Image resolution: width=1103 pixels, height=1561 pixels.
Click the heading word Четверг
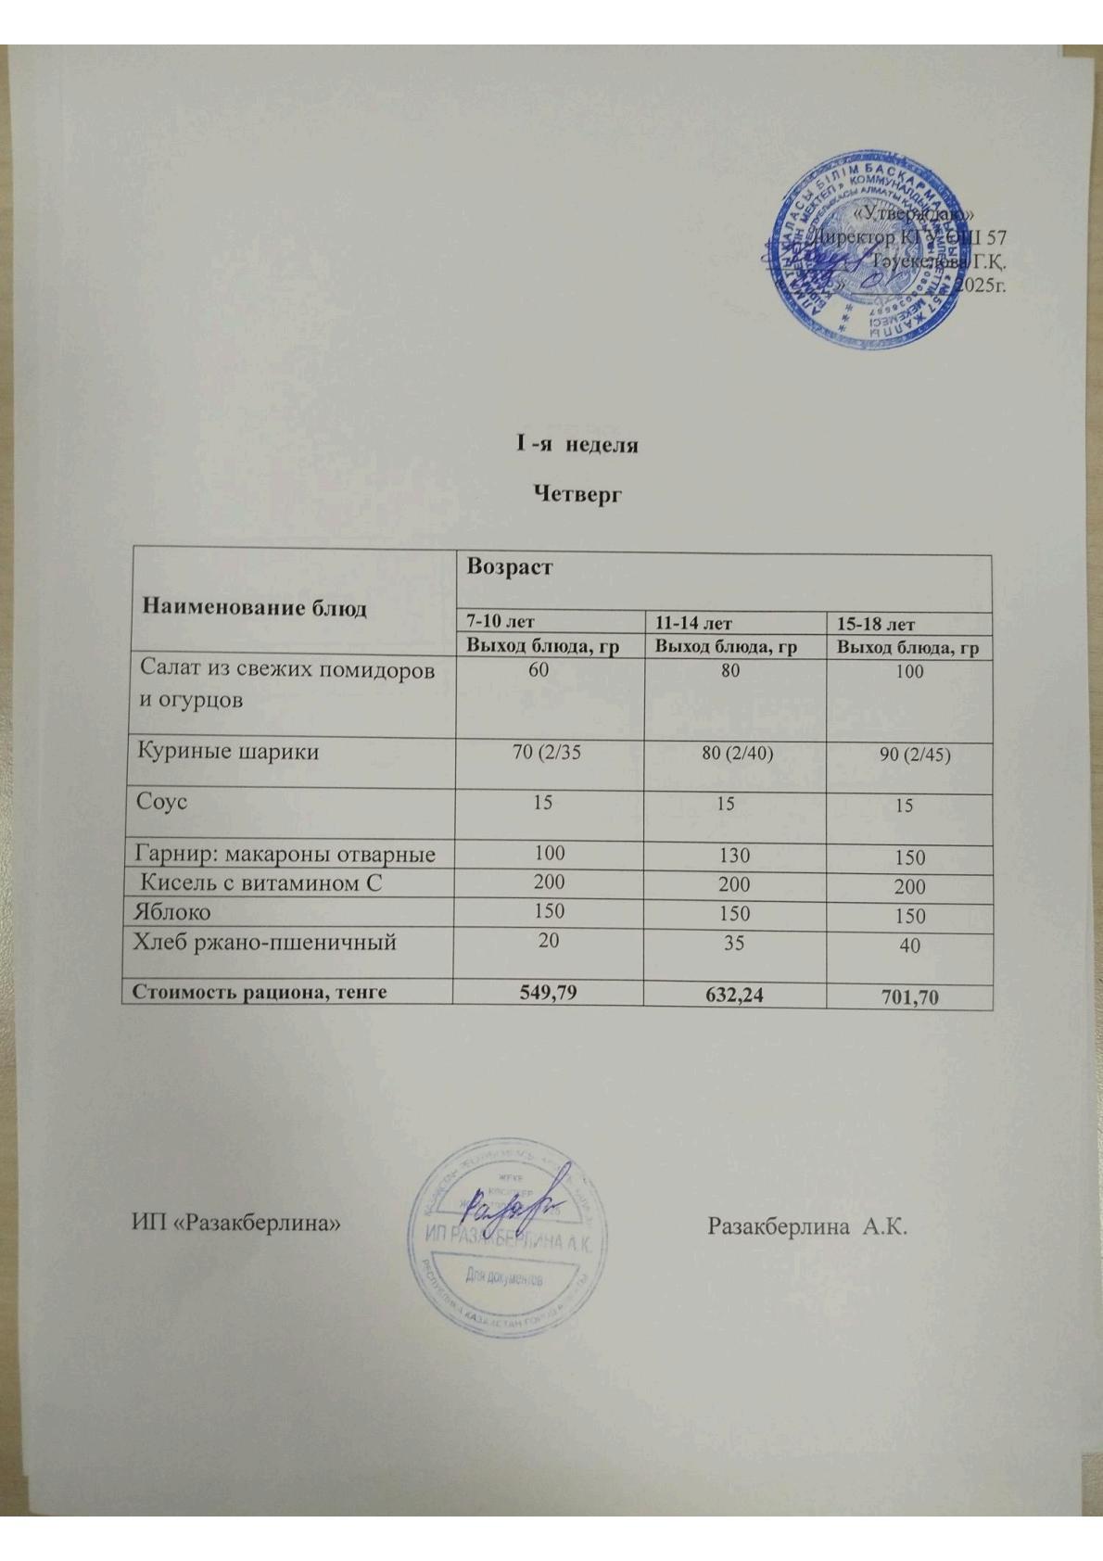(577, 493)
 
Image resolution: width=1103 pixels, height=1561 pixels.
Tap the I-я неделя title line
(577, 444)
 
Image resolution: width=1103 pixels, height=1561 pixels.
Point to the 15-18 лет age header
(876, 625)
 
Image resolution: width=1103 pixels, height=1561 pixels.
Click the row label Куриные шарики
(228, 751)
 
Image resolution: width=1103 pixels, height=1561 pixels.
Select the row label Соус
(162, 801)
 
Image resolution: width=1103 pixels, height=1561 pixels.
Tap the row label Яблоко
(172, 911)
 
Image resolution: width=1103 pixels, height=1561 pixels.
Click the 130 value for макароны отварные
(733, 856)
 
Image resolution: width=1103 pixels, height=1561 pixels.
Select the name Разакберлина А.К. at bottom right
(805, 1226)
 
